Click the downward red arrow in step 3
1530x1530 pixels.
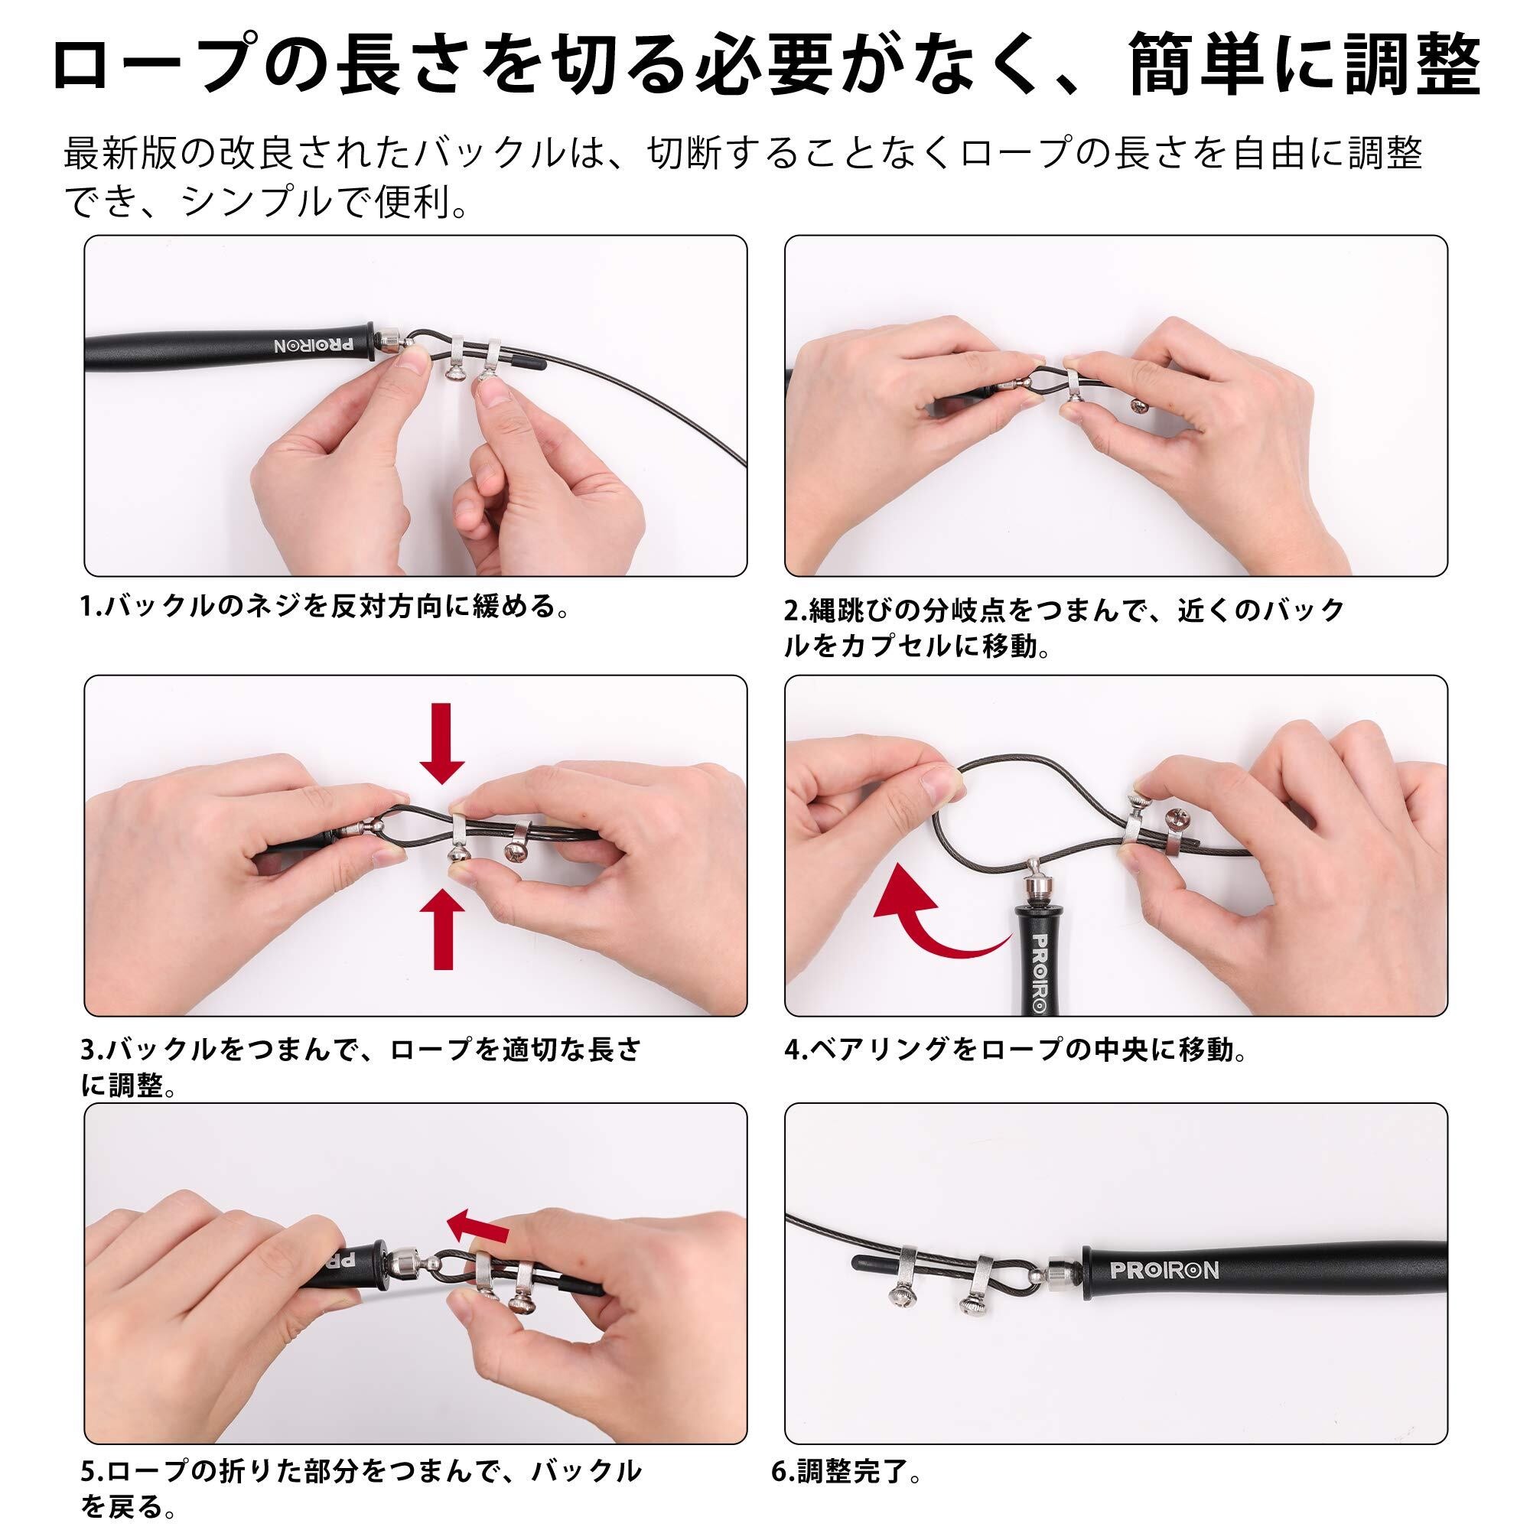pos(442,743)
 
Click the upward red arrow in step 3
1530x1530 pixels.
pos(443,928)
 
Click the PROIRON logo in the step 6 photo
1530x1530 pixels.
pos(1164,1269)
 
